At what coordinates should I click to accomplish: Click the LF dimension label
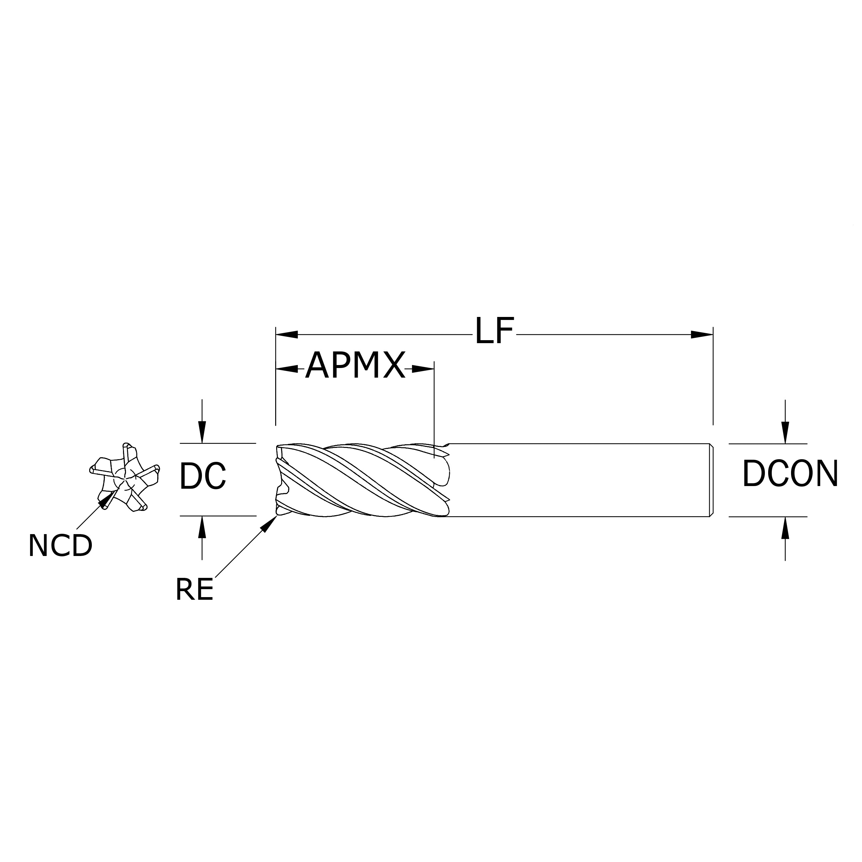[x=494, y=332]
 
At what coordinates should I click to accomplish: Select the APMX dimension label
[x=355, y=365]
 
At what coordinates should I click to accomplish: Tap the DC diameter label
[x=203, y=476]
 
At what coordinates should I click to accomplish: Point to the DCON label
[x=790, y=474]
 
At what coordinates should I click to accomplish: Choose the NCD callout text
[x=60, y=545]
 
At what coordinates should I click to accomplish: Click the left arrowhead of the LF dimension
[x=287, y=334]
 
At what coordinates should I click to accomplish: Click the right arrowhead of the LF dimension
[x=702, y=334]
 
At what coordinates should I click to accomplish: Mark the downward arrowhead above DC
[x=202, y=432]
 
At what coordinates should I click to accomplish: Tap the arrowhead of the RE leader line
[x=269, y=523]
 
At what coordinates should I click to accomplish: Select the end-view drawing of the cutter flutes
[x=124, y=476]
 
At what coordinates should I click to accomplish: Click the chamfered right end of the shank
[x=711, y=480]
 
